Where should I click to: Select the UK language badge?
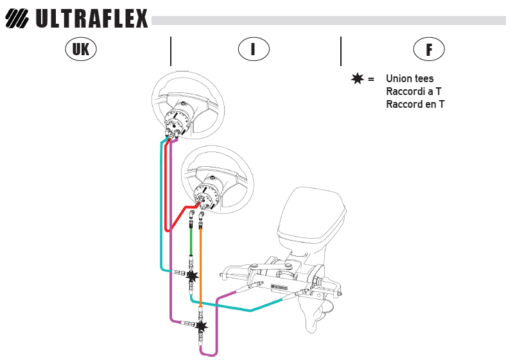(x=81, y=49)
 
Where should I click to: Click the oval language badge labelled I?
(x=254, y=49)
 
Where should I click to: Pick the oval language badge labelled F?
(x=429, y=49)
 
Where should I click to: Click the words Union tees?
(x=410, y=79)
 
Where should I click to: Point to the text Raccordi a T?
(x=413, y=91)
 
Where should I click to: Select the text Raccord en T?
(x=415, y=104)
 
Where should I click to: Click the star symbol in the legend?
(x=358, y=79)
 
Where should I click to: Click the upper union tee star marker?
(x=192, y=276)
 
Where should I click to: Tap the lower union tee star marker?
(x=202, y=326)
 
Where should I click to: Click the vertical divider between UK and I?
(x=171, y=51)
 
